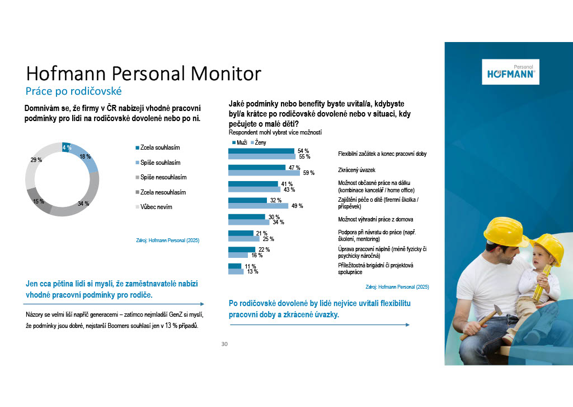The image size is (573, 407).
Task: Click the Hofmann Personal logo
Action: click(511, 72)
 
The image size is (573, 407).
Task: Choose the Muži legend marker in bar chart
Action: click(234, 143)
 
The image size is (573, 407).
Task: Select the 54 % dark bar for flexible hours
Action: click(261, 151)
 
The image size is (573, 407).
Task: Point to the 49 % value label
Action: click(297, 206)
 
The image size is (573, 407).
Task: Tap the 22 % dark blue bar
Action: click(242, 249)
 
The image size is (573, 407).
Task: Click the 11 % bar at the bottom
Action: click(235, 266)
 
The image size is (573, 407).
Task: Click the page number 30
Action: click(224, 344)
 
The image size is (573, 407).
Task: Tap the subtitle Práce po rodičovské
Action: click(74, 91)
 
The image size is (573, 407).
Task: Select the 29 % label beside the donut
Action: click(36, 160)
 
